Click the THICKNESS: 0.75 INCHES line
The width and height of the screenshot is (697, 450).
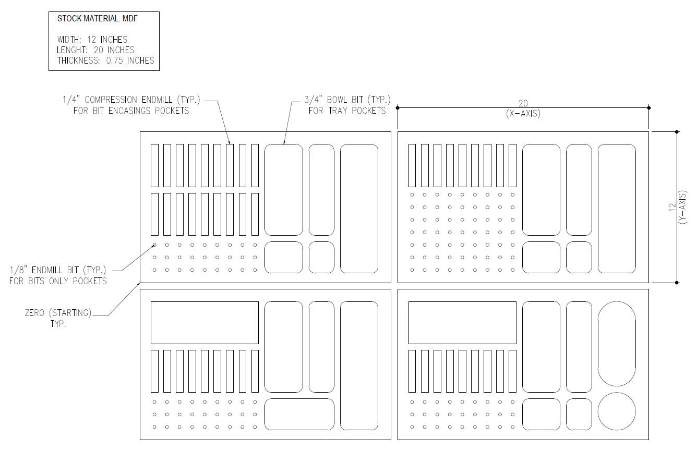pyautogui.click(x=106, y=60)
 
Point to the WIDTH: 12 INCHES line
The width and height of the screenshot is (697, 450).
pyautogui.click(x=92, y=40)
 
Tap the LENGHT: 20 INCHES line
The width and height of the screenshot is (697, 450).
pyautogui.click(x=96, y=50)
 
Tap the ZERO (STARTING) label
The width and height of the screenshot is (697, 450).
pyautogui.click(x=58, y=313)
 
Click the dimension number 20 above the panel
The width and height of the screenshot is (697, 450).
pyautogui.click(x=523, y=104)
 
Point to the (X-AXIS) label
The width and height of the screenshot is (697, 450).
pyautogui.click(x=523, y=114)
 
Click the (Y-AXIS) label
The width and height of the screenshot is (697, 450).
pyautogui.click(x=683, y=207)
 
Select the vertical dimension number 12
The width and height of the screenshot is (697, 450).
pyautogui.click(x=671, y=207)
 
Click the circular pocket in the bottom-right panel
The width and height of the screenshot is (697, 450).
pyautogui.click(x=617, y=411)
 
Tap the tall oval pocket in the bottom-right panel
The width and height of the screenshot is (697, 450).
pyautogui.click(x=617, y=344)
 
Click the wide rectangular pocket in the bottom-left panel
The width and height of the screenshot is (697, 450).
pyautogui.click(x=205, y=322)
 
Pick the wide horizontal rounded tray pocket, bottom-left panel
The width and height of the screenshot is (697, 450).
pyautogui.click(x=299, y=414)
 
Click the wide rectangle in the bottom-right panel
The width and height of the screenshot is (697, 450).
pyautogui.click(x=462, y=322)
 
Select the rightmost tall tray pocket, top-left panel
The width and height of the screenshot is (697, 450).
pyautogui.click(x=359, y=208)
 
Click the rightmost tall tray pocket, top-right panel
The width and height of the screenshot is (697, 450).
pyautogui.click(x=617, y=208)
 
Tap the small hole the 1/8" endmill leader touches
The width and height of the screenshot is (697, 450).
pyautogui.click(x=154, y=245)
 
